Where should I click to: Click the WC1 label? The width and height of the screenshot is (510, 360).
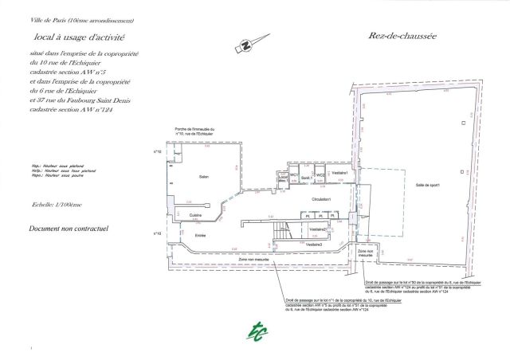click(294, 174)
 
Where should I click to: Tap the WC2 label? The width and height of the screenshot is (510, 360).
click(320, 174)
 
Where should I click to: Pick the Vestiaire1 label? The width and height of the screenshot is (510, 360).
click(340, 173)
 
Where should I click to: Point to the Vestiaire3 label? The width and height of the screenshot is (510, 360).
click(314, 244)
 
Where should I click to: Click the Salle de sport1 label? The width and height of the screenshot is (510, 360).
click(427, 186)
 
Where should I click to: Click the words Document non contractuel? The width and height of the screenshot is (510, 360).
click(68, 228)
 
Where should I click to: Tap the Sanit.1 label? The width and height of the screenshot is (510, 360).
click(307, 178)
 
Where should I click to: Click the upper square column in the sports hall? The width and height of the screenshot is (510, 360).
click(462, 124)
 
